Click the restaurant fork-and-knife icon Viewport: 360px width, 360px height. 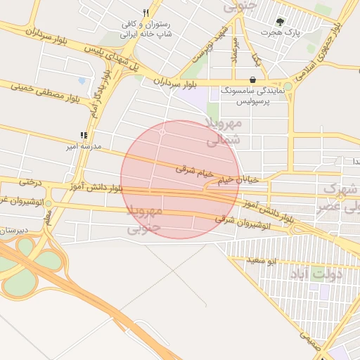(146, 13)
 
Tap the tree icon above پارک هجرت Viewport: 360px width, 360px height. (281, 22)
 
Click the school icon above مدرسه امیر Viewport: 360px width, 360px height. (84, 135)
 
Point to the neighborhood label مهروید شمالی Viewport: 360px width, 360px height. (224, 131)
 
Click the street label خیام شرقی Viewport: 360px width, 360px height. (193, 169)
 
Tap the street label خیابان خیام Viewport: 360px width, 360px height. (238, 180)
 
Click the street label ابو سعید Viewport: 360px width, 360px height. (264, 261)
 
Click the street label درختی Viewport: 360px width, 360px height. (31, 182)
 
